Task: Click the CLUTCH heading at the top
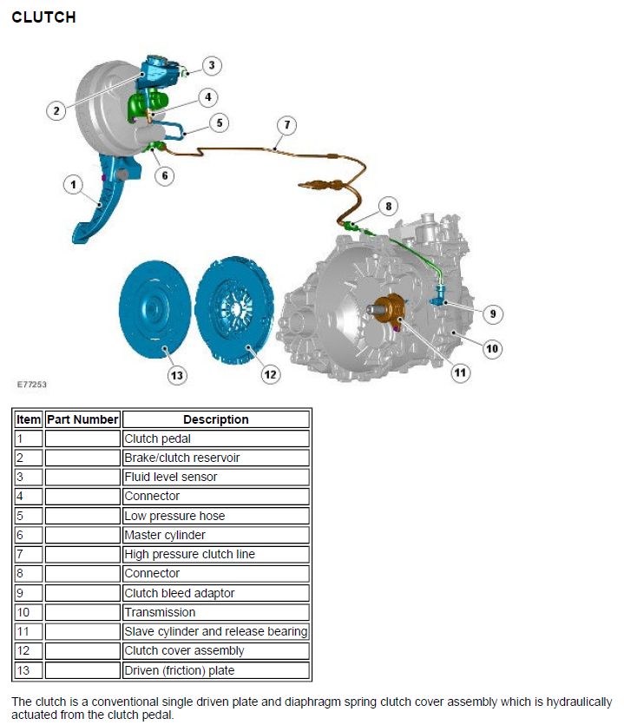[x=43, y=17]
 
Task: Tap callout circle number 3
[x=212, y=65]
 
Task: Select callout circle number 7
[x=287, y=125]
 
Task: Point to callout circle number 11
[x=460, y=372]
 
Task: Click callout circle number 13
[x=177, y=375]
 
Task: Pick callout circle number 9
[x=493, y=314]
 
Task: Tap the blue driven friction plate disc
[x=154, y=309]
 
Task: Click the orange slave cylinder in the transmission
[x=389, y=309]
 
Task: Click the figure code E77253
[x=32, y=385]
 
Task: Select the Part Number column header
[x=82, y=419]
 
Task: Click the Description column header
[x=216, y=419]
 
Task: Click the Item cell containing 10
[x=28, y=612]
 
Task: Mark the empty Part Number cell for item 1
[x=82, y=438]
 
